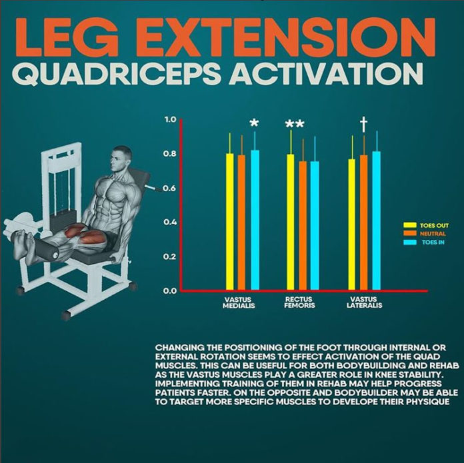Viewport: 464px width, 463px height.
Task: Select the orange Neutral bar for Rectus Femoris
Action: (x=303, y=227)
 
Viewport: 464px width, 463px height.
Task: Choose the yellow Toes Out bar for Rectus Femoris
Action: (x=291, y=223)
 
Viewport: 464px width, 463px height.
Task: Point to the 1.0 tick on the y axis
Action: (x=170, y=120)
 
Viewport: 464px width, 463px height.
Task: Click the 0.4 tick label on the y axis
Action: (x=170, y=223)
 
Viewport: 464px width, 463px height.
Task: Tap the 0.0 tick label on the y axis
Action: (x=170, y=291)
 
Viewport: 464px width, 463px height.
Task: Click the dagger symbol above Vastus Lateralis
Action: (x=363, y=123)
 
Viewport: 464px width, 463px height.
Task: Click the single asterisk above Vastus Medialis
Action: (x=253, y=124)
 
